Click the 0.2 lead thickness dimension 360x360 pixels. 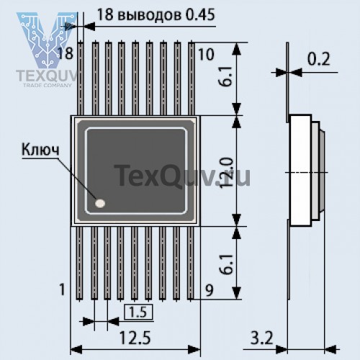tap(320, 60)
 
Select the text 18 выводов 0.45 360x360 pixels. tap(150, 14)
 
